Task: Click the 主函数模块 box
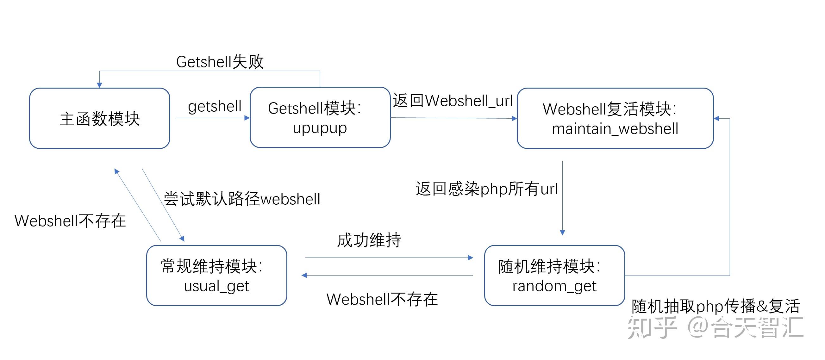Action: tap(100, 118)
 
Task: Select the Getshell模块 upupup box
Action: tap(320, 117)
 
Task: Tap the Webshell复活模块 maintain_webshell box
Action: tap(615, 118)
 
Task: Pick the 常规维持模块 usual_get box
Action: tap(216, 275)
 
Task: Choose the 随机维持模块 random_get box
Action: tap(554, 275)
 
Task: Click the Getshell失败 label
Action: tap(220, 61)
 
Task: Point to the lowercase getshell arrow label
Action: tap(215, 106)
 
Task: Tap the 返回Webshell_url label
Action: tap(453, 101)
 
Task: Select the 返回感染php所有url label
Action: tap(487, 189)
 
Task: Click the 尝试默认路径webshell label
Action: tap(242, 199)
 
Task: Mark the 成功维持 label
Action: tap(369, 240)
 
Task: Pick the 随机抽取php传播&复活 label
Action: tap(716, 306)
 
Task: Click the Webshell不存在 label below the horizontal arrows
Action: tap(382, 299)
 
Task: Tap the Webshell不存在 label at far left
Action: tap(70, 221)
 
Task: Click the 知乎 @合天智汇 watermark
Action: tap(716, 327)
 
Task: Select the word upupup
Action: tap(320, 128)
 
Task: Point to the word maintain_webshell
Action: tap(615, 129)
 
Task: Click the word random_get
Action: tap(554, 286)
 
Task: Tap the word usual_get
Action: tap(216, 286)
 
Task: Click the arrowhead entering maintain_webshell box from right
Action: tap(717, 119)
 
